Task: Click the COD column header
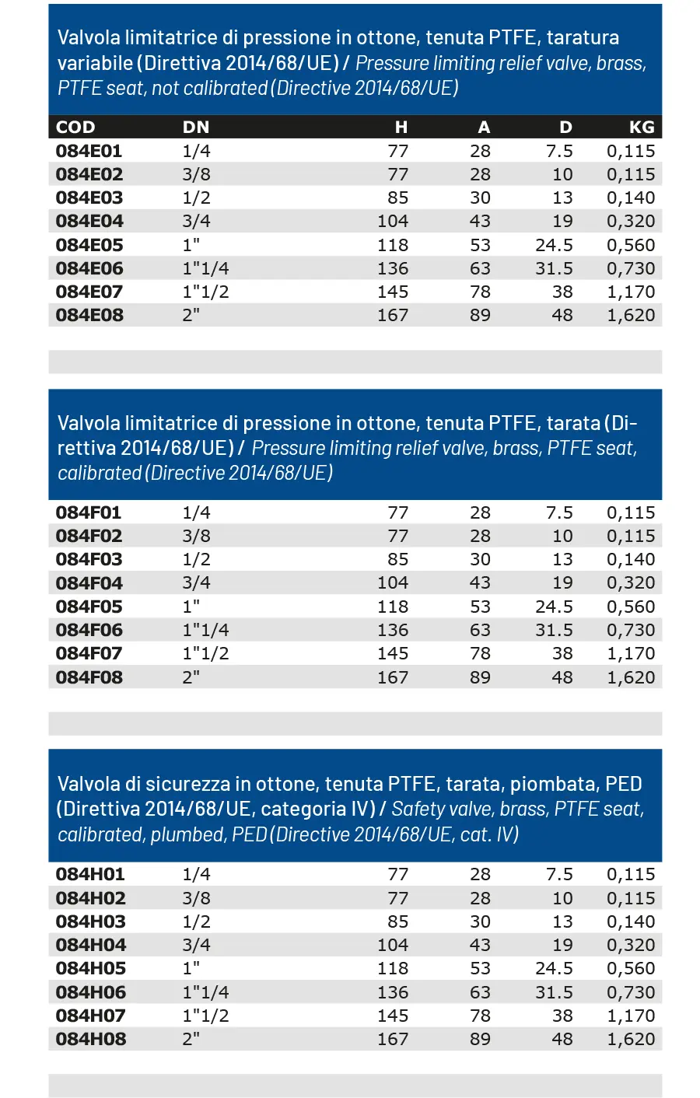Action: [x=75, y=127]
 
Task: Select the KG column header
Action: [x=642, y=127]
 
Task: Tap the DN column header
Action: [x=196, y=127]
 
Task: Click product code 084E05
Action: [x=89, y=245]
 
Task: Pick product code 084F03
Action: [x=89, y=559]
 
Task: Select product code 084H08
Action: [x=90, y=1039]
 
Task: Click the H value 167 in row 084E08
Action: [x=393, y=315]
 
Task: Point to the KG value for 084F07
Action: [x=631, y=653]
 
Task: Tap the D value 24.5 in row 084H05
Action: [x=554, y=968]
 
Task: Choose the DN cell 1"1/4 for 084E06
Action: [x=205, y=268]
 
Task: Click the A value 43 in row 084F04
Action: [x=480, y=582]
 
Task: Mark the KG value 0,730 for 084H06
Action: [x=631, y=992]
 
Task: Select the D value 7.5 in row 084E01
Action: [x=559, y=151]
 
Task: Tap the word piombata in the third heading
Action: [x=555, y=784]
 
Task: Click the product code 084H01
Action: [x=90, y=874]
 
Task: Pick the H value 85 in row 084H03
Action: [x=397, y=921]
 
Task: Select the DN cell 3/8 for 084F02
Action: [x=196, y=536]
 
